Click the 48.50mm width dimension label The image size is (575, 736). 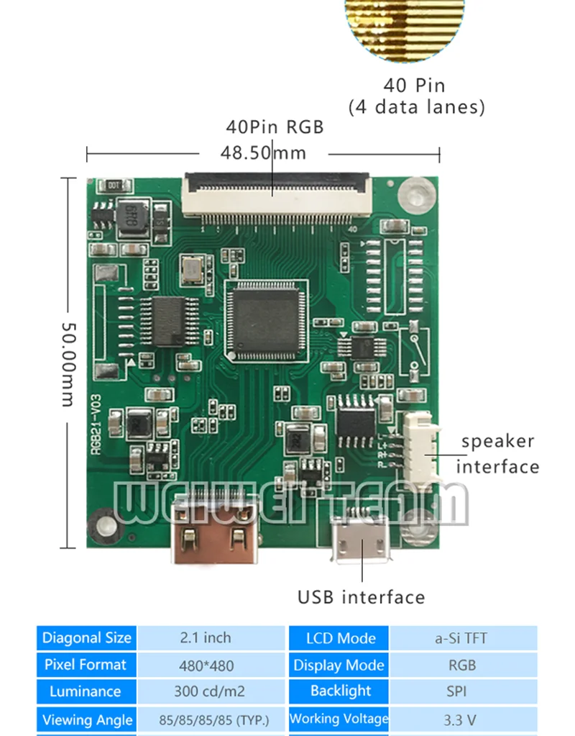[263, 153]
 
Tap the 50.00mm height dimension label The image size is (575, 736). [67, 363]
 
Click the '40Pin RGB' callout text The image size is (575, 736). [275, 127]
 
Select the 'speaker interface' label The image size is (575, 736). [497, 453]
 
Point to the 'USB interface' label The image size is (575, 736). [361, 597]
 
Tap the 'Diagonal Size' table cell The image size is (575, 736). [87, 638]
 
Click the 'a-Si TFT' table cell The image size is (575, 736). [461, 638]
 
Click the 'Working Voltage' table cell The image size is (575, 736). [339, 719]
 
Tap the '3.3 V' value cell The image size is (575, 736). [461, 719]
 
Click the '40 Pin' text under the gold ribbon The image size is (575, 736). [414, 85]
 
